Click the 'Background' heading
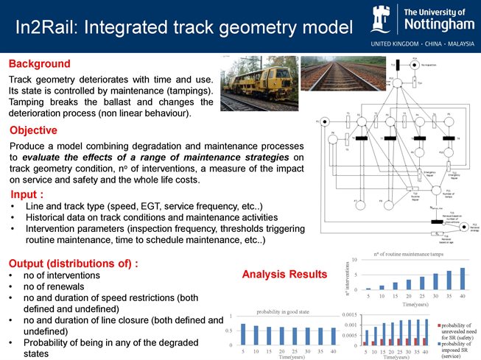[40, 64]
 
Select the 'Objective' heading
[33, 130]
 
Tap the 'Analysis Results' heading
[284, 275]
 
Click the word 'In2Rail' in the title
[49, 27]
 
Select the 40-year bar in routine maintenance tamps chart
[463, 278]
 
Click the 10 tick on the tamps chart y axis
[354, 260]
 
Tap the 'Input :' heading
[32, 195]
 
